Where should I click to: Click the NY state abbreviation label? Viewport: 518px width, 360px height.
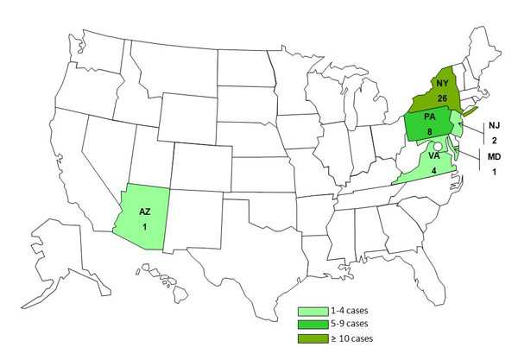pos(441,83)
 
